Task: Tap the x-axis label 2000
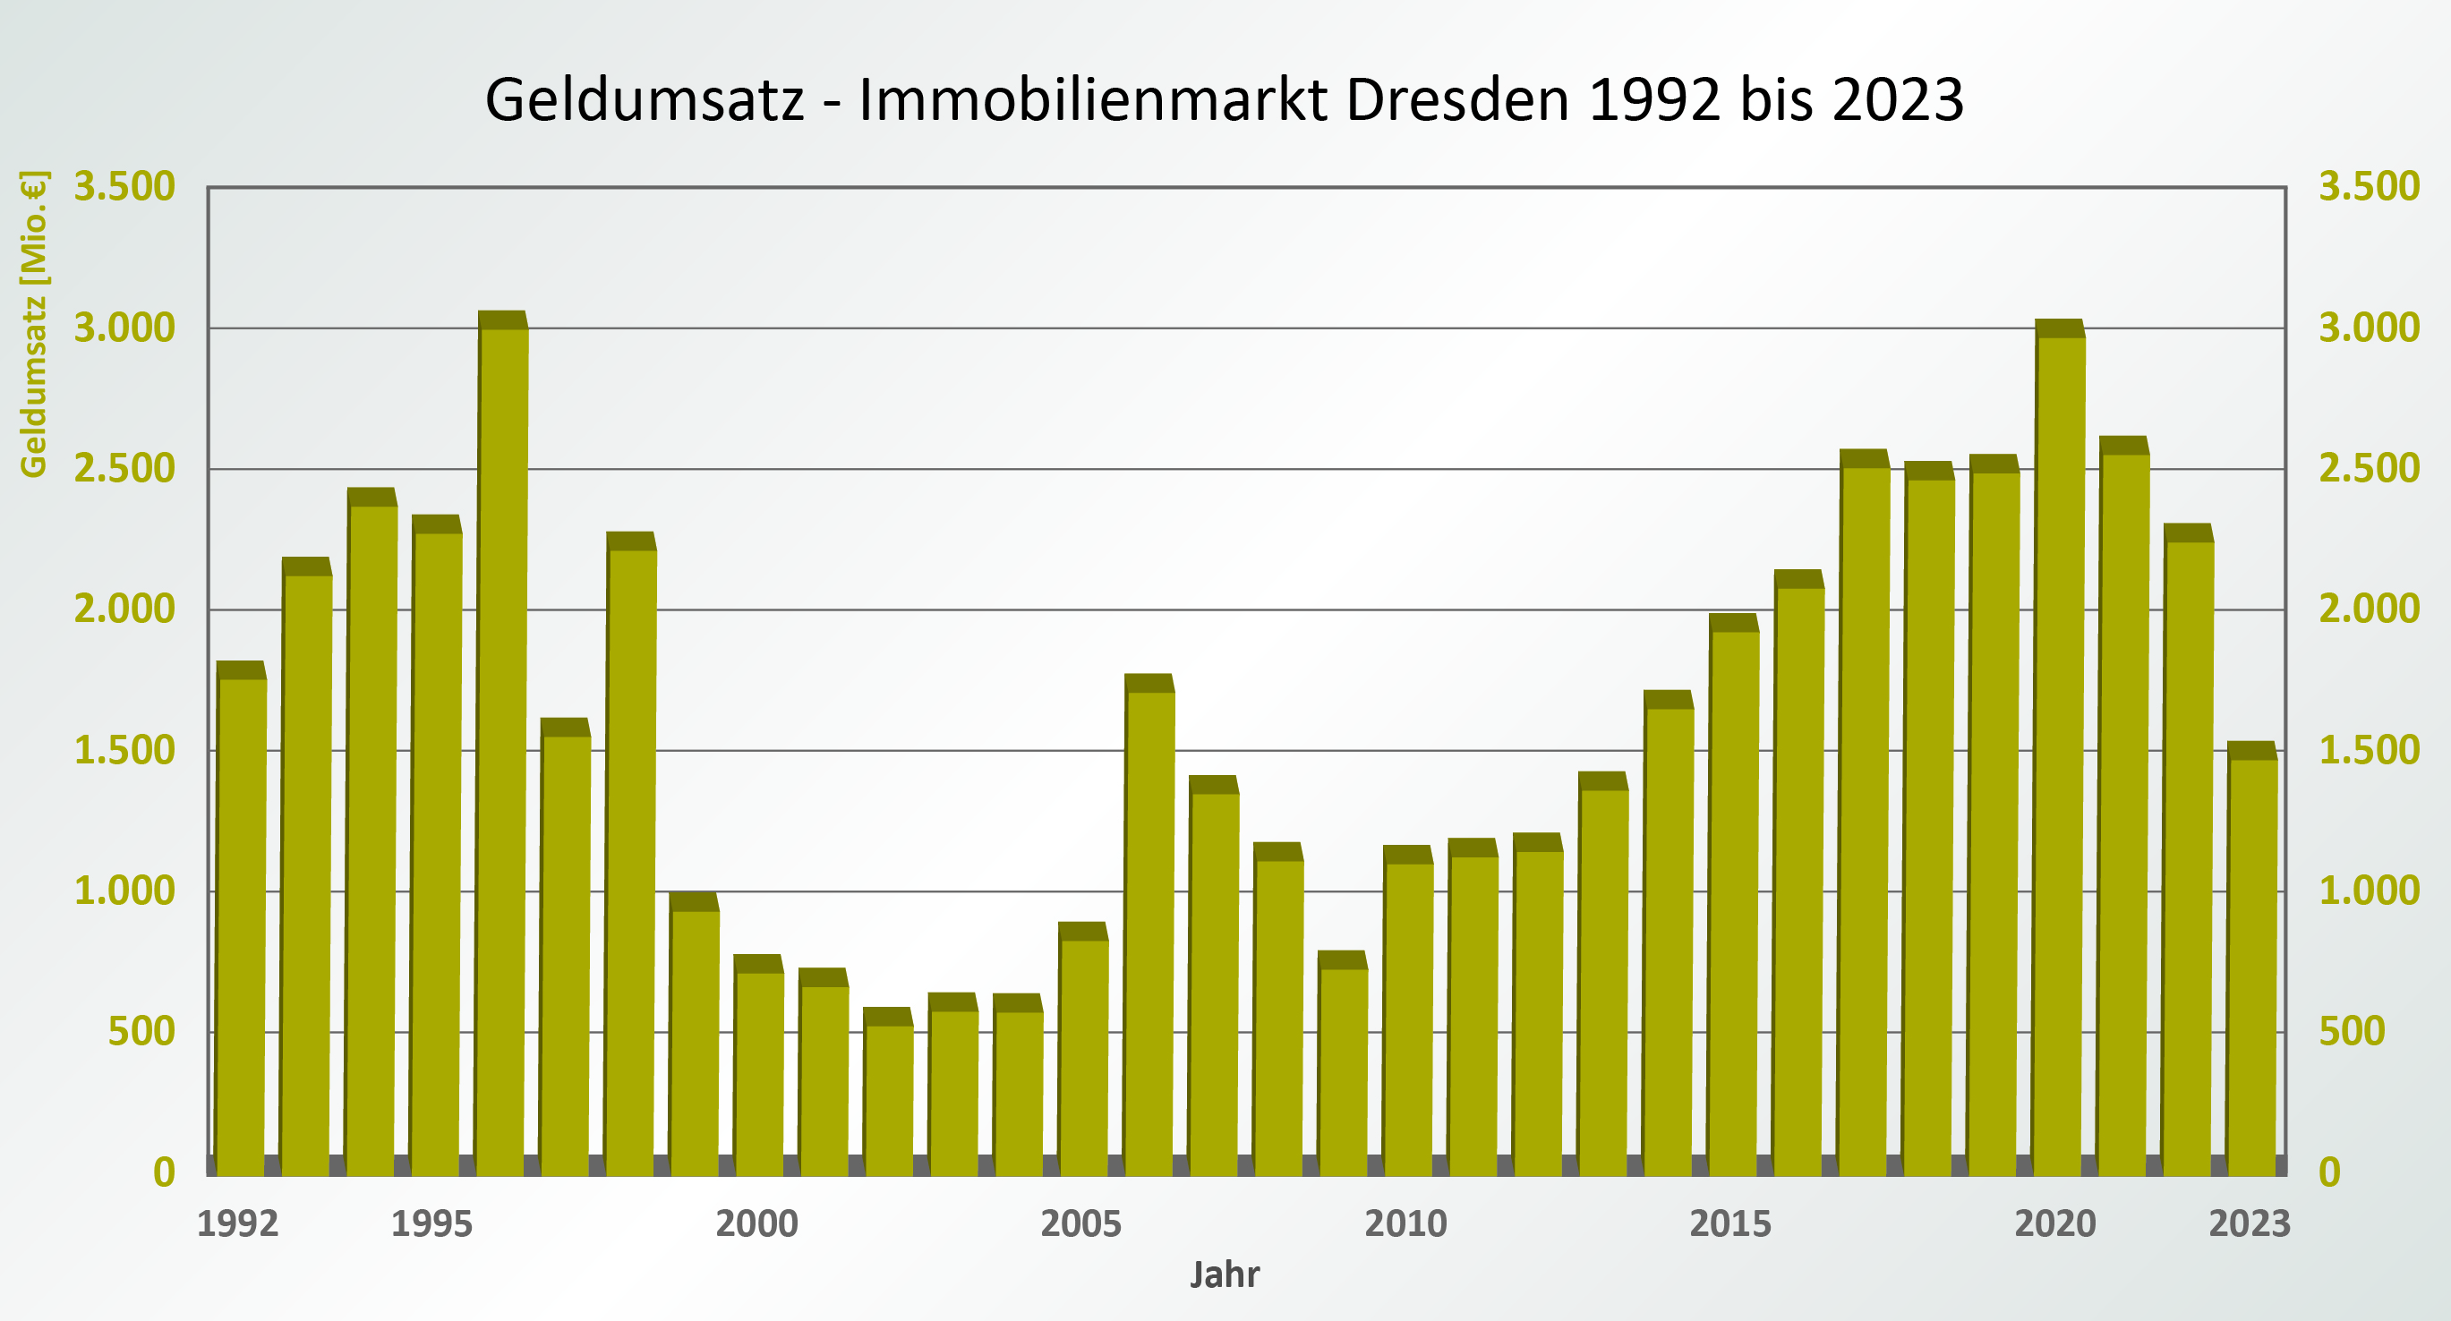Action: (756, 1224)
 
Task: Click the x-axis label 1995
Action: (432, 1224)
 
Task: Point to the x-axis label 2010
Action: (1405, 1224)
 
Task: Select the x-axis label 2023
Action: (2250, 1224)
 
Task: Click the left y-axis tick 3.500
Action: (124, 186)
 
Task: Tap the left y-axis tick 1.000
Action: (124, 891)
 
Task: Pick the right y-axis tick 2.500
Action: (2369, 469)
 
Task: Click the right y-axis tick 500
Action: (2351, 1032)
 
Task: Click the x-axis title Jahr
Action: (1225, 1274)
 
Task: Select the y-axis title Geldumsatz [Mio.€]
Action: (33, 323)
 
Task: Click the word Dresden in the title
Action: (1456, 99)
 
